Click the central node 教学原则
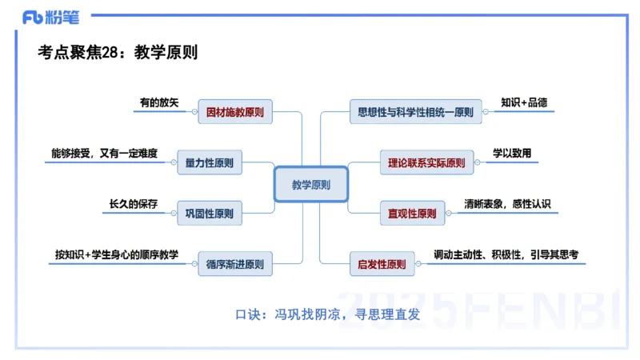click(310, 185)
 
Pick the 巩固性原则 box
click(209, 214)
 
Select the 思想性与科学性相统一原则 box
click(411, 112)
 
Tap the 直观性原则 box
click(411, 214)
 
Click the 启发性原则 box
click(382, 263)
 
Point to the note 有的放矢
click(159, 102)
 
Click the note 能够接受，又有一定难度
click(104, 154)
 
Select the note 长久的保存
click(134, 204)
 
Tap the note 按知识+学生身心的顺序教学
click(116, 254)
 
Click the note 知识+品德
click(524, 102)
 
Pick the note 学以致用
click(512, 154)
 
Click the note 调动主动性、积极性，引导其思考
click(506, 254)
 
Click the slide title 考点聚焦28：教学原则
click(118, 52)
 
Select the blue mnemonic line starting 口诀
click(327, 314)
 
